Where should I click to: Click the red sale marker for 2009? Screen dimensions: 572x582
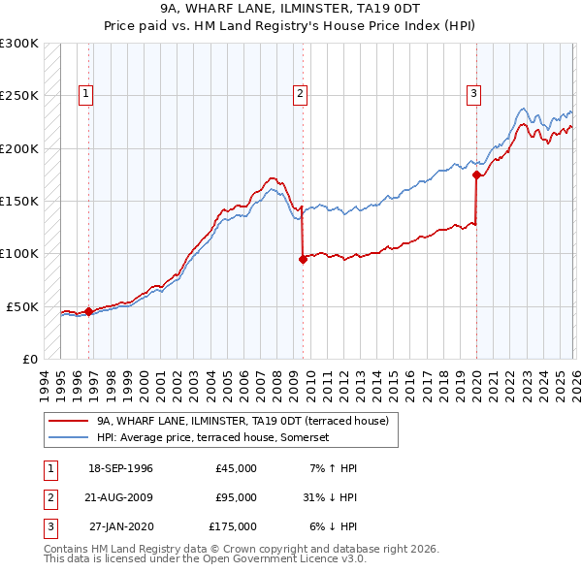[x=303, y=259]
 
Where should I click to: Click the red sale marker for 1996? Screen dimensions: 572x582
[x=88, y=311]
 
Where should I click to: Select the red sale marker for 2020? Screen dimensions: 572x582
[x=476, y=175]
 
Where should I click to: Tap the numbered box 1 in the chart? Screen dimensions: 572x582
[x=86, y=94]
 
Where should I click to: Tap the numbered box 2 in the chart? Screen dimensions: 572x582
[x=300, y=94]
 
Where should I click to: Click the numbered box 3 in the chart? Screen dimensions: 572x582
[x=473, y=94]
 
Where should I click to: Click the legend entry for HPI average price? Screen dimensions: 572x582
[x=213, y=437]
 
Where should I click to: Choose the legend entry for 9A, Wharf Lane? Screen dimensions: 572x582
[x=242, y=421]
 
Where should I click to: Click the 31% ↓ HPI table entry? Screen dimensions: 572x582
[x=330, y=497]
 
